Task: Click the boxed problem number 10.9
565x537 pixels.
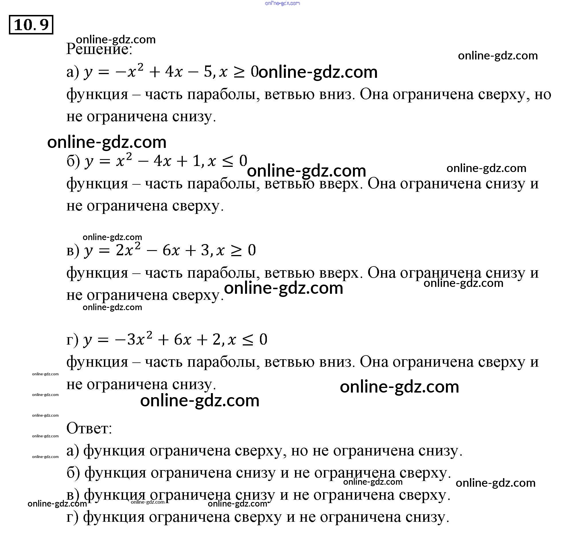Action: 31,25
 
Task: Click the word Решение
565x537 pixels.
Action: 99,49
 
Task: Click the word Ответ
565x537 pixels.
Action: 89,428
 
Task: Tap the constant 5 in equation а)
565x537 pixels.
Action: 208,72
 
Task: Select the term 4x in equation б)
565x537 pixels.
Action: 162,161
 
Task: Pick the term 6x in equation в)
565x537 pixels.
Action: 171,250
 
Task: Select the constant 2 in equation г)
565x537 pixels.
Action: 217,340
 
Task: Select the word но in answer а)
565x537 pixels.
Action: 299,451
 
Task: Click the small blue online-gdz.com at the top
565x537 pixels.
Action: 282,3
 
